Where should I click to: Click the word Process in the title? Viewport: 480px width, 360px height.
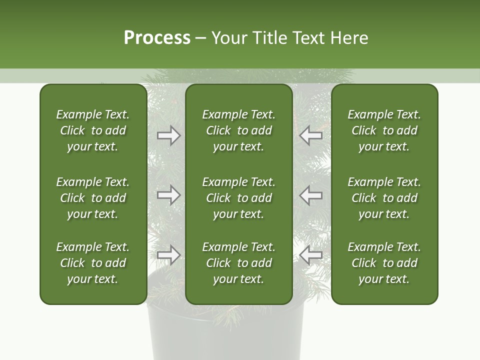click(x=157, y=38)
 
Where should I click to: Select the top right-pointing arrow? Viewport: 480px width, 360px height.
click(x=168, y=135)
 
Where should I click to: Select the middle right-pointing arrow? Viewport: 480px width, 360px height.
click(x=168, y=195)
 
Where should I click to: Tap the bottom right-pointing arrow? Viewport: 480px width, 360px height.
click(x=168, y=255)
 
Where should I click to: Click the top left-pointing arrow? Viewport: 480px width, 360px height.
click(x=311, y=135)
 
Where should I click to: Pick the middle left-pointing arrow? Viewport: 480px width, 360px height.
click(x=311, y=195)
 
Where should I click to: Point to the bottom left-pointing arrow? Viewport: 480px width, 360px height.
click(x=311, y=255)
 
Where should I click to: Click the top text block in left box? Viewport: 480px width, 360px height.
click(x=93, y=130)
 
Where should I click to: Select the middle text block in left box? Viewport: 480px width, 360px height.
click(x=93, y=198)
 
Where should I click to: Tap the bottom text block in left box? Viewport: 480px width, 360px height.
click(x=93, y=263)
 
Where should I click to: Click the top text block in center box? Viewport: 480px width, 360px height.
click(x=238, y=130)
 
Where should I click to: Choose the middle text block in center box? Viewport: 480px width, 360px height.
click(x=238, y=198)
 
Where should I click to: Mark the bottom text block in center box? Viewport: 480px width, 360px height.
click(x=238, y=263)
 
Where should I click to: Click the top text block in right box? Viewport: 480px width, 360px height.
click(x=384, y=130)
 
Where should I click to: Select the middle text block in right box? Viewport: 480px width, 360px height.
click(x=384, y=198)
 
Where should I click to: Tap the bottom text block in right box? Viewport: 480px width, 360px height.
click(x=384, y=263)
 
